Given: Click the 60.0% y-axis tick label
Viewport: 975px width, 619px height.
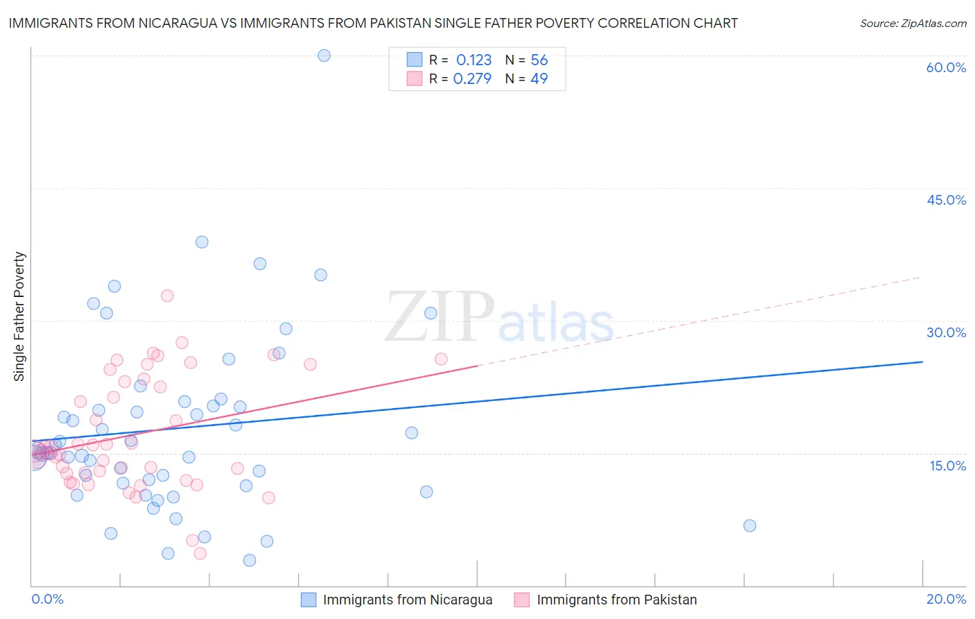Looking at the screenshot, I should (946, 67).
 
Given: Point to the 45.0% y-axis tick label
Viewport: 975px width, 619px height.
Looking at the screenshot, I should (946, 200).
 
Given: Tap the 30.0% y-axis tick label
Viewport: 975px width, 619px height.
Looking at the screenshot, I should (946, 332).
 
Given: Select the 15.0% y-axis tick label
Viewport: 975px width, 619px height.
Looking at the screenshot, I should (947, 465).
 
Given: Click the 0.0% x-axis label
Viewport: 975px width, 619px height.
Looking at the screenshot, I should (47, 599).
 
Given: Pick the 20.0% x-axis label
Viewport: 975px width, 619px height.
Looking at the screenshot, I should (946, 599).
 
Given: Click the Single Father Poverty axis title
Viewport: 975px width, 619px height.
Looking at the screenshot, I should (19, 316).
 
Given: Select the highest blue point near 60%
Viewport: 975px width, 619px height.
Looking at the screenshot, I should (324, 56).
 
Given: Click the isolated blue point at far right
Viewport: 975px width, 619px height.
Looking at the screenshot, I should (750, 525).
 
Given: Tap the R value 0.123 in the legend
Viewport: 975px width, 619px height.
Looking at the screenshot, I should (474, 60).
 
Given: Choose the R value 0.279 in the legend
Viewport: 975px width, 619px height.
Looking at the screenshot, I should (472, 79).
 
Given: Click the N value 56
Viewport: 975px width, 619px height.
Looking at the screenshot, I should (539, 60).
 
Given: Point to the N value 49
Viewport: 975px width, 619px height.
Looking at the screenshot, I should (539, 79).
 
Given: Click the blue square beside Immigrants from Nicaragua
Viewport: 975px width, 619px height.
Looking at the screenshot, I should (309, 600).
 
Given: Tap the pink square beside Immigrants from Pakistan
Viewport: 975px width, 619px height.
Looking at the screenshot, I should (522, 600).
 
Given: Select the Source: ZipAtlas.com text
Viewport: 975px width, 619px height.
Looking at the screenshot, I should (913, 24).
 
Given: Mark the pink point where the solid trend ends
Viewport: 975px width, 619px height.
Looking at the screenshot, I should (441, 359).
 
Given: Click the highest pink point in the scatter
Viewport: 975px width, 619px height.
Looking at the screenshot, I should (167, 296).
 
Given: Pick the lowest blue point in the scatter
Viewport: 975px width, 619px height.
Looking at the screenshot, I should (250, 560).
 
